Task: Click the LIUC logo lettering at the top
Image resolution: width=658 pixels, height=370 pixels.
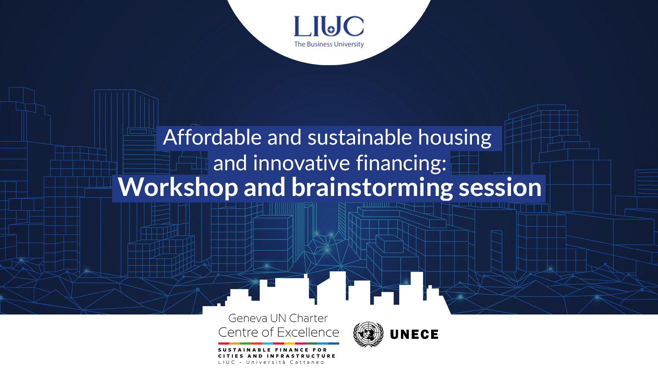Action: (329, 26)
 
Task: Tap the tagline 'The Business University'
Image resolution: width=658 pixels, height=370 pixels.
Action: (329, 44)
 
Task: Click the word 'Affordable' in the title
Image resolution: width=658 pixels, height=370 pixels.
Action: (212, 137)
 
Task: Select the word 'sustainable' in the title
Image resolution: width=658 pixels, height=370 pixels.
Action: (360, 137)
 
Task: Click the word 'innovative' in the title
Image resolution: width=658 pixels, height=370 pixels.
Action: (301, 163)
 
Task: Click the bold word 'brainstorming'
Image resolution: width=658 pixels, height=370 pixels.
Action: (372, 188)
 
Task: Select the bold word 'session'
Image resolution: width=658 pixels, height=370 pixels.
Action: (500, 188)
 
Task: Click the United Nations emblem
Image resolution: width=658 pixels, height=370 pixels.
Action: (368, 334)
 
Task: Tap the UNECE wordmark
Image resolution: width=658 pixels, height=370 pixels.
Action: (414, 334)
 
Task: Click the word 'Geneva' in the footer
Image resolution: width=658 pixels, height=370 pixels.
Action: (247, 318)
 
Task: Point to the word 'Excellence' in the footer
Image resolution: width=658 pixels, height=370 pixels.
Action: (308, 332)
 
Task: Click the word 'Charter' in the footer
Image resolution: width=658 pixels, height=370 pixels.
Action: (308, 318)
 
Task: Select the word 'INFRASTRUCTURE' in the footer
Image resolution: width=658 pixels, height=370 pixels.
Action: (301, 356)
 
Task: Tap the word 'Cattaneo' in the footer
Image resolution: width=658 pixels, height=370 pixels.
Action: (307, 362)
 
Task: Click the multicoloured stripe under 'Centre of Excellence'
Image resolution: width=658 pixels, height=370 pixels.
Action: (279, 343)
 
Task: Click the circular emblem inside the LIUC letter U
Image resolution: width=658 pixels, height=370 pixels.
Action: (331, 30)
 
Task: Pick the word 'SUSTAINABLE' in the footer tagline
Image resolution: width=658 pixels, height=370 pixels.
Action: (244, 350)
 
